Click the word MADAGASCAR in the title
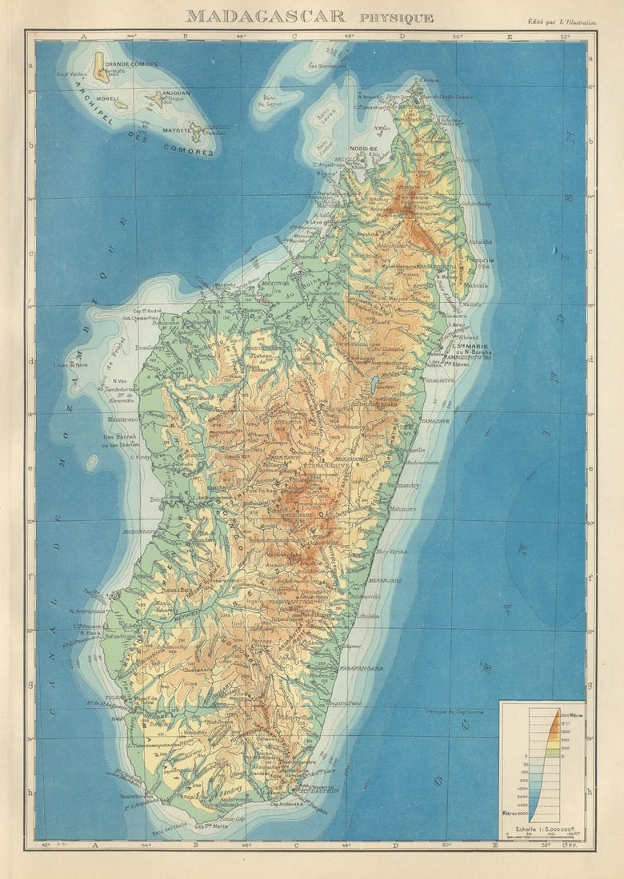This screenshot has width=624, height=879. pos(266,16)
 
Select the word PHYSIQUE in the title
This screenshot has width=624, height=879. pos(396,18)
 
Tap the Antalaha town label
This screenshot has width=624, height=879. pos(480,241)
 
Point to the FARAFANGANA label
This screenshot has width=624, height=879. pos(361,668)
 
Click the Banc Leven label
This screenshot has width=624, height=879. pos(327,117)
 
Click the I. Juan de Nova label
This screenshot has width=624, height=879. pos(69,365)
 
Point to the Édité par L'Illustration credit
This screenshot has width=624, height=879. pos(562,22)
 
